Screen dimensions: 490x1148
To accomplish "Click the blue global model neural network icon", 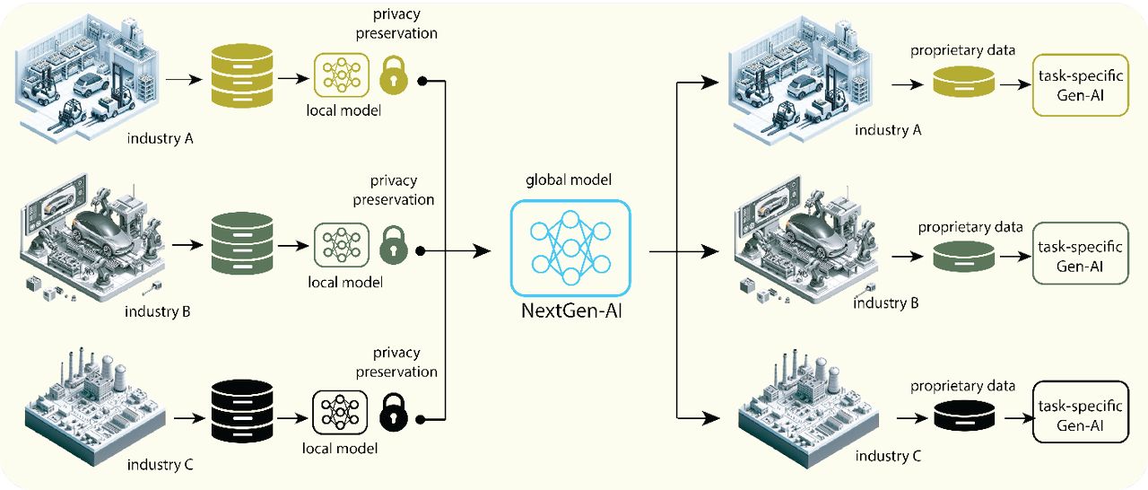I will coord(570,247).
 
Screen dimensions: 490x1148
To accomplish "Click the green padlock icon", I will coord(393,244).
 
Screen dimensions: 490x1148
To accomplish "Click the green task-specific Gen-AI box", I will coord(1079,253).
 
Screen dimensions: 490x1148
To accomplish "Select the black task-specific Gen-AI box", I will coord(1079,413).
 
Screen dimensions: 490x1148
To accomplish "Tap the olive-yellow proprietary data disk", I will coord(962,84).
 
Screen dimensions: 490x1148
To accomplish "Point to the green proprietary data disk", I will coord(962,257).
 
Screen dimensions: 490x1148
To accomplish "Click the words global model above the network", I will coord(569,180).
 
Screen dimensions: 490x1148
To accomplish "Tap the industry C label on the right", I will coord(888,457).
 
